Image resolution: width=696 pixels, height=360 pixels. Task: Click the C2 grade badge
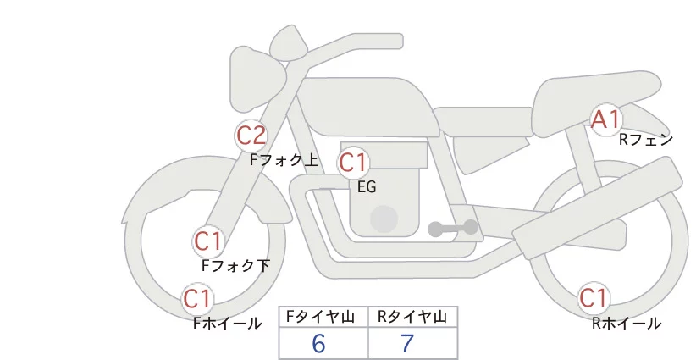[x=251, y=136]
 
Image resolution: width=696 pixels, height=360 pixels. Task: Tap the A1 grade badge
[x=605, y=119]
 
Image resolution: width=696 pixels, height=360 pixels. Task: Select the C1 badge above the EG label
[x=353, y=163]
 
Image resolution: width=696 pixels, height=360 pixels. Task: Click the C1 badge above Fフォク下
[x=208, y=241]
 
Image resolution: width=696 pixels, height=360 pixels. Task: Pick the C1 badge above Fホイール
[x=196, y=298]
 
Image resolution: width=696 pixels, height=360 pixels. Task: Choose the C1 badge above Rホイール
[x=593, y=298]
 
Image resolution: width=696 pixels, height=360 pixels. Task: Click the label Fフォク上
[x=284, y=160]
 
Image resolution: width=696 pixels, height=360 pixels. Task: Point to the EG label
[x=367, y=187]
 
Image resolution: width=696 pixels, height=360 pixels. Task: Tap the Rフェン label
[x=646, y=140]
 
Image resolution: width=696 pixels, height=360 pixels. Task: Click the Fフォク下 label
[x=235, y=265]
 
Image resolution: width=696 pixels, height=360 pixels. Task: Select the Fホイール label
[x=227, y=324]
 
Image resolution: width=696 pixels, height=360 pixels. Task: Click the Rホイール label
[x=627, y=324]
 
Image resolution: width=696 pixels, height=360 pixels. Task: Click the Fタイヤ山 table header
[x=320, y=317]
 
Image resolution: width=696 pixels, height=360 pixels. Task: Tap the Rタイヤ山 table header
[x=412, y=317]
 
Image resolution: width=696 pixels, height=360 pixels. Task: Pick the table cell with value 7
[x=413, y=343]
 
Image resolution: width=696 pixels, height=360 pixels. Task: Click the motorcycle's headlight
[x=258, y=79]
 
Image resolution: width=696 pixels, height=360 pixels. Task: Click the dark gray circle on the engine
[x=384, y=219]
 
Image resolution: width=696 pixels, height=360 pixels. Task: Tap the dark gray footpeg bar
[x=453, y=228]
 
